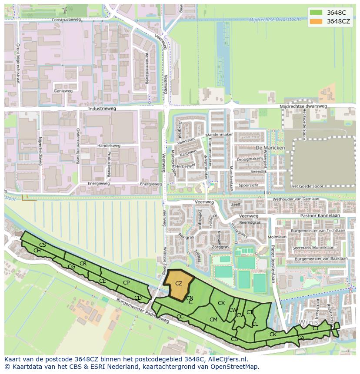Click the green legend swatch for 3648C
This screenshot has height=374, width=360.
click(316, 13)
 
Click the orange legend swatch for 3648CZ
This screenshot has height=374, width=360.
click(316, 21)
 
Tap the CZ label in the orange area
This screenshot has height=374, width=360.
click(178, 284)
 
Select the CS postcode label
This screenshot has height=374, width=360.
click(42, 245)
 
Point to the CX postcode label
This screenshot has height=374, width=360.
click(221, 303)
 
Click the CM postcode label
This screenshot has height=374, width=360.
click(213, 320)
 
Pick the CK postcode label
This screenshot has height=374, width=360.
click(273, 334)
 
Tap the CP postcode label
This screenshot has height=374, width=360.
click(126, 283)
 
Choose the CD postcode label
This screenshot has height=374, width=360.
click(138, 298)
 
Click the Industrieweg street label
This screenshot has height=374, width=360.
click(102, 109)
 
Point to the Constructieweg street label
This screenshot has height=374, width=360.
click(66, 20)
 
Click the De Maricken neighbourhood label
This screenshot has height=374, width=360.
click(270, 148)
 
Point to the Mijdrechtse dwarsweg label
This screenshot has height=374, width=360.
click(303, 106)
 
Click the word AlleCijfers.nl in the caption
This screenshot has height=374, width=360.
click(226, 359)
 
